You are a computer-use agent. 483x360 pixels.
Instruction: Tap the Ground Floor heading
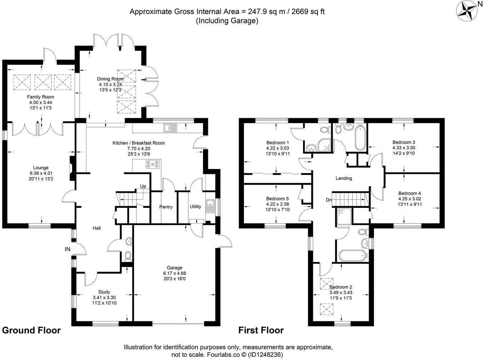pos(31,330)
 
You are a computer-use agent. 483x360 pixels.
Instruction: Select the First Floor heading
pos(261,330)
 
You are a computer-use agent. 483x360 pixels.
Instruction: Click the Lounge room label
pos(41,168)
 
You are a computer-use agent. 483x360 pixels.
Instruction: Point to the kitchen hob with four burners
pos(152,165)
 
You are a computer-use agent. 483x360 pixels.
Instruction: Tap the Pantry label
pos(166,207)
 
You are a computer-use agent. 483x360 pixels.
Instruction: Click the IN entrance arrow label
pos(68,249)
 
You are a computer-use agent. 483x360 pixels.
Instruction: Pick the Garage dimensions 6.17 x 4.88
pos(174,273)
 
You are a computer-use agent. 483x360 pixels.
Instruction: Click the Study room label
pos(104,292)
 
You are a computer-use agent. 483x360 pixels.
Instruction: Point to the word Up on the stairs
pos(143,186)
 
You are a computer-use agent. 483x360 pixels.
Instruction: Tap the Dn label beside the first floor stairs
pos(329,200)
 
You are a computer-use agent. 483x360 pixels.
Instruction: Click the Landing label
pos(344,178)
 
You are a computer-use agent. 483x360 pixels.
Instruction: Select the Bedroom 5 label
pos(277,199)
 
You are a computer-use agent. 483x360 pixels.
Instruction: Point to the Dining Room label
pos(110,79)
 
